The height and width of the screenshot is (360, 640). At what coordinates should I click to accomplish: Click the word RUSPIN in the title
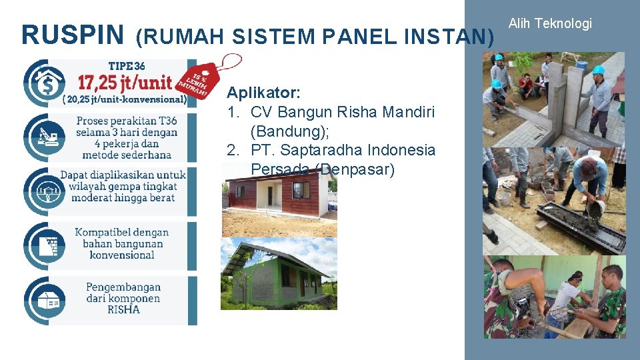coord(72,35)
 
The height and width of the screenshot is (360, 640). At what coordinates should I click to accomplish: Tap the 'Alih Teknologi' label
coord(549,24)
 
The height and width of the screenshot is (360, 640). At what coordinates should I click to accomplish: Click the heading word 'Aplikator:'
coord(263,91)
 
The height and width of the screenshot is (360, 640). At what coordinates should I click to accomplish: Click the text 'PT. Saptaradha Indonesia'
coord(343,150)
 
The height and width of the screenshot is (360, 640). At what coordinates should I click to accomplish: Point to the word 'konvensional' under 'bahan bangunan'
coord(122,255)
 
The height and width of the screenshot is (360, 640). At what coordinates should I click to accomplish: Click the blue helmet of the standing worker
coord(598,70)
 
